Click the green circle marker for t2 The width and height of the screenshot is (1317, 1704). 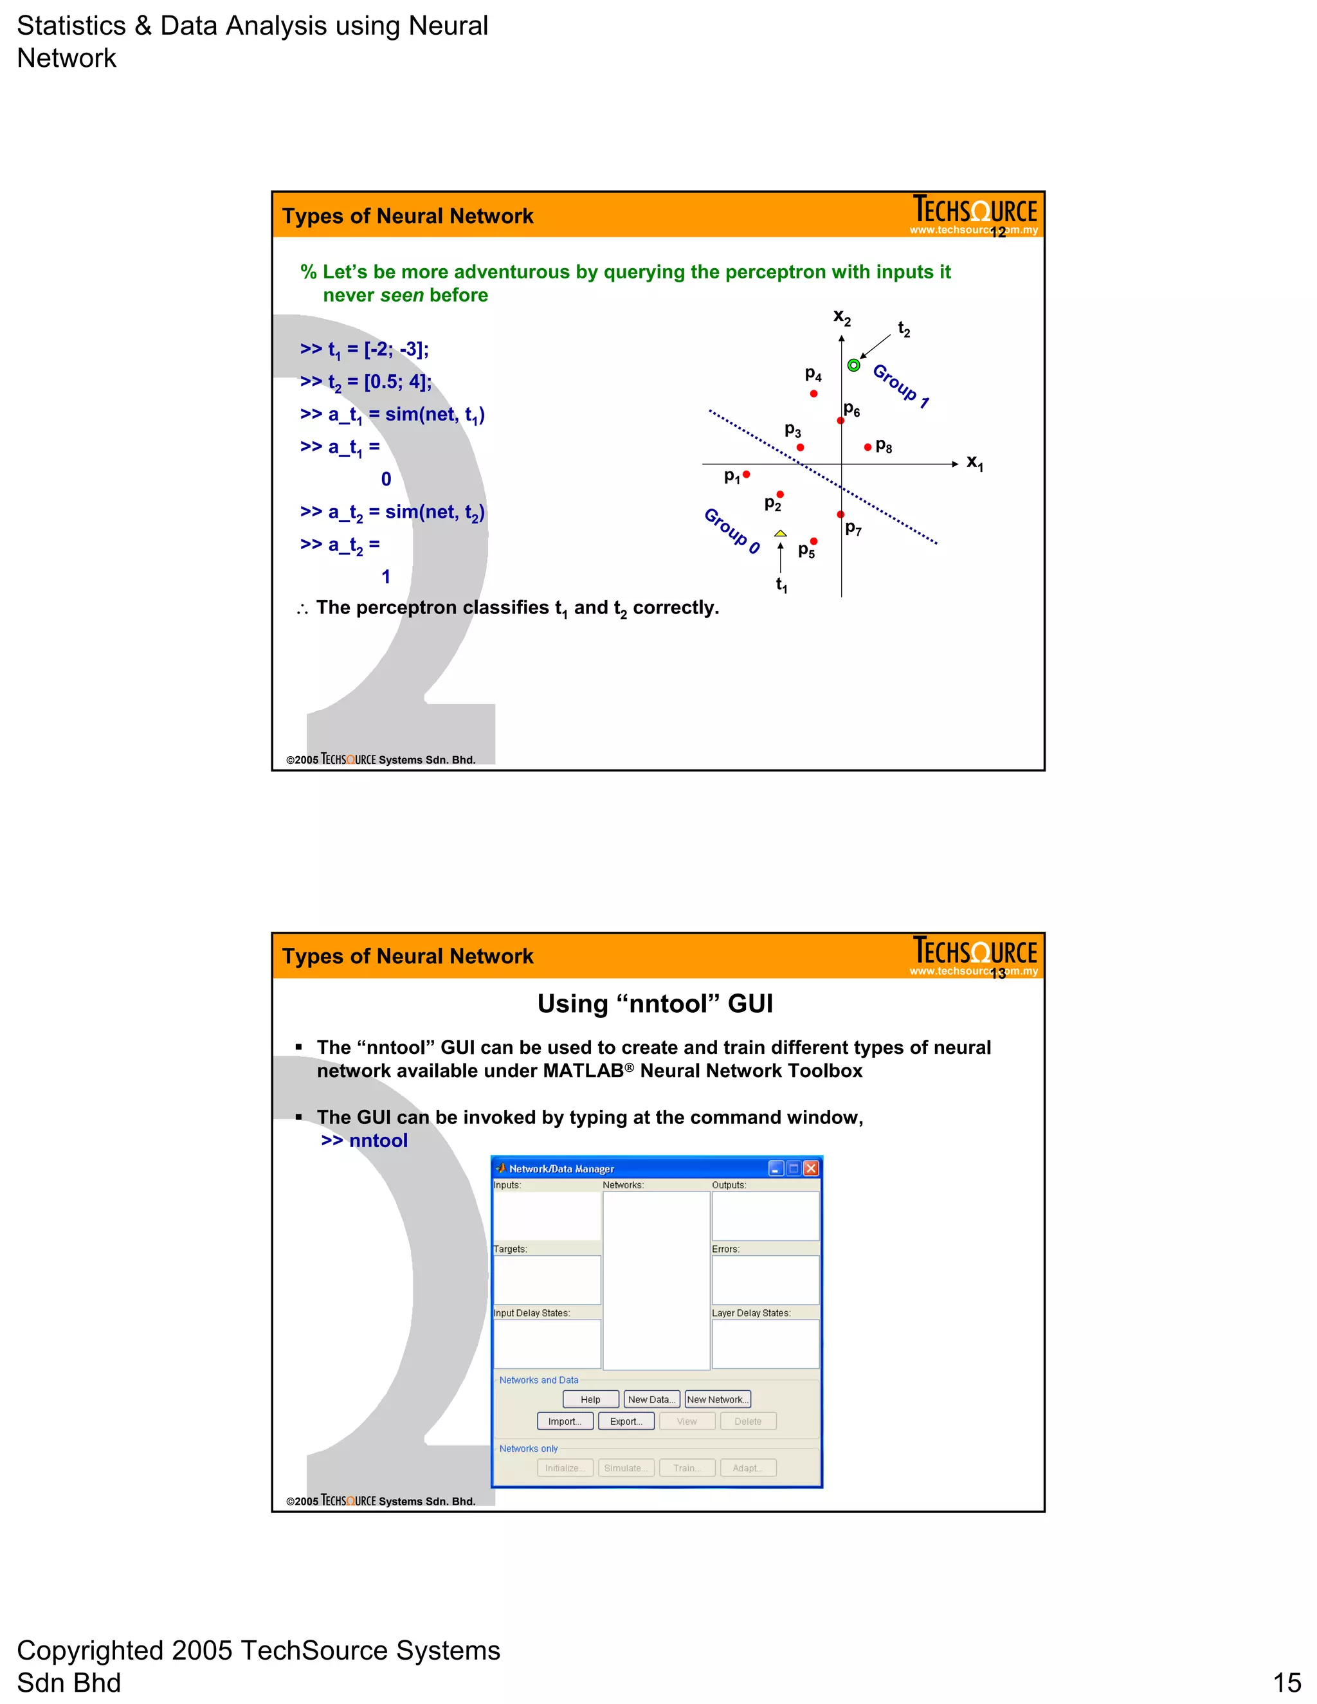point(853,365)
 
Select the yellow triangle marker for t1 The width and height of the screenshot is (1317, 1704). point(780,534)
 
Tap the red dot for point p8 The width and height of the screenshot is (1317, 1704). point(867,447)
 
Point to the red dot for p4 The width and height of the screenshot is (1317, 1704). point(813,394)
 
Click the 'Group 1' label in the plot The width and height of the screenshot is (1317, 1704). point(901,385)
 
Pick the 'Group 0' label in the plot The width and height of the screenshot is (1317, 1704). point(732,530)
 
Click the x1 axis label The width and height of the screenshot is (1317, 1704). point(974,463)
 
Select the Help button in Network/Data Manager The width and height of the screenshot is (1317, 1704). point(590,1400)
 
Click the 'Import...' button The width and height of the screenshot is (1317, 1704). point(565,1422)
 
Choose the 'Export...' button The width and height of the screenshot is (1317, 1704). point(626,1422)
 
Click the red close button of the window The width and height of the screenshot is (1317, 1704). point(812,1168)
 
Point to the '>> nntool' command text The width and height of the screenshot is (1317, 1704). point(365,1141)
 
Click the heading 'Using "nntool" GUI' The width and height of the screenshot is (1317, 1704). point(655,1003)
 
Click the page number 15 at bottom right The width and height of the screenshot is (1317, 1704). point(1287,1682)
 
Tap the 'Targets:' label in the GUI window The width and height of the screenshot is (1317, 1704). point(510,1249)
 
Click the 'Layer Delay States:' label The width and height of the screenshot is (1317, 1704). point(750,1313)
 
